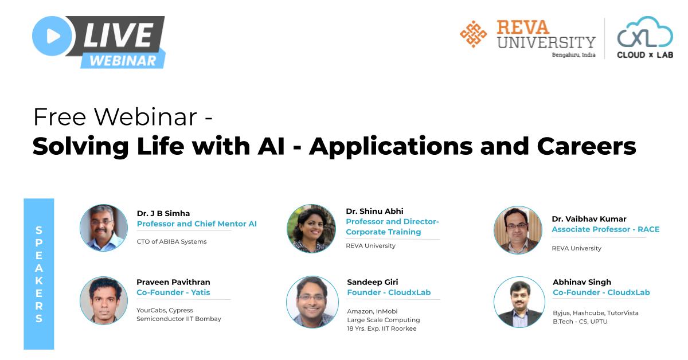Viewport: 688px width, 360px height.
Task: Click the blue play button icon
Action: click(x=53, y=36)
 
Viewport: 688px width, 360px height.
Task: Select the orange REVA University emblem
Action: click(x=473, y=34)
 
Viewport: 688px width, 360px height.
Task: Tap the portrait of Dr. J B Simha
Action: click(x=104, y=228)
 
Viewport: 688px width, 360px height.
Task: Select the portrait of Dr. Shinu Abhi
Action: click(x=311, y=228)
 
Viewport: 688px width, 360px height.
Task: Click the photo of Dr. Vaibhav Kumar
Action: click(x=518, y=230)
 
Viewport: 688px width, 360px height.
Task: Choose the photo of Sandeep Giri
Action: click(x=312, y=302)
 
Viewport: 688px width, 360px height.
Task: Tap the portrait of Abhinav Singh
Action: click(x=519, y=302)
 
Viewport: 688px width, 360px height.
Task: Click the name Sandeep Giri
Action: click(x=372, y=282)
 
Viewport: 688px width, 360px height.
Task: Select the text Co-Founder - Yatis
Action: click(x=173, y=292)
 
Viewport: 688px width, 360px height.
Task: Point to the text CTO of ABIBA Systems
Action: click(x=171, y=241)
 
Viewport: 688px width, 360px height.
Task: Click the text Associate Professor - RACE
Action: click(x=605, y=229)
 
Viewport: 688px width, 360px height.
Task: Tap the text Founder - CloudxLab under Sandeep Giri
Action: click(x=389, y=292)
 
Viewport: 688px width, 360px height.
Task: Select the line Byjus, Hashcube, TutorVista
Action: click(x=595, y=313)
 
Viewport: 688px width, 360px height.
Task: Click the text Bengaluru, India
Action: click(x=573, y=55)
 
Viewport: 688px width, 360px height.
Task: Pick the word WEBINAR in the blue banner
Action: click(x=123, y=60)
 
